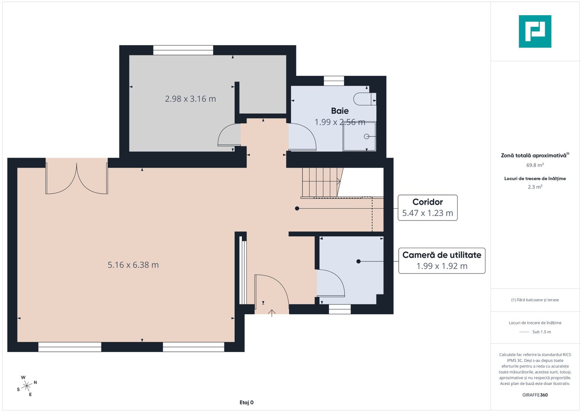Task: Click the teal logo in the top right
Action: click(535, 31)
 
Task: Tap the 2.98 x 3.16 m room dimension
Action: click(190, 99)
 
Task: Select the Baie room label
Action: click(340, 111)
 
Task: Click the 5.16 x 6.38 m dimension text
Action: click(133, 265)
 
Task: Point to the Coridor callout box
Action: click(427, 208)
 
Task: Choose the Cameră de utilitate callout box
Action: click(441, 261)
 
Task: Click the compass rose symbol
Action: click(27, 386)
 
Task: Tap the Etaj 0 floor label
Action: click(246, 402)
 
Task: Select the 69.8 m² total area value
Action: click(535, 165)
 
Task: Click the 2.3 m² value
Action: click(535, 187)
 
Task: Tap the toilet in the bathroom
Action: click(364, 99)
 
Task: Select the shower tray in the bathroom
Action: click(359, 136)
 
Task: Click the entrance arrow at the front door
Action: click(271, 313)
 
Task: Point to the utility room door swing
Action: click(330, 283)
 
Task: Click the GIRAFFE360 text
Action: click(535, 395)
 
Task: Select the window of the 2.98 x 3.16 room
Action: click(183, 50)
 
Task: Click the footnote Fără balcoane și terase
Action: click(535, 300)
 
